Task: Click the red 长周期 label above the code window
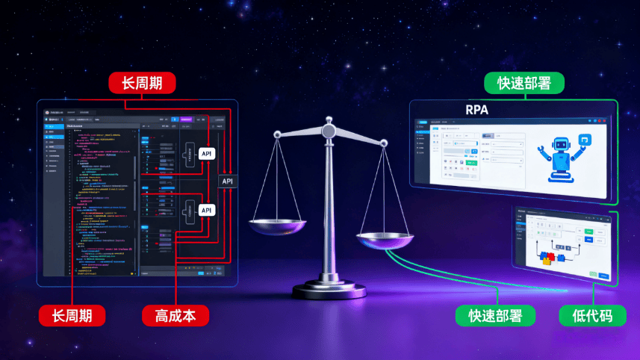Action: [142, 83]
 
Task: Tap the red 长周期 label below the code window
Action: [72, 315]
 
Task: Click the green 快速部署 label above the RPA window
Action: [524, 83]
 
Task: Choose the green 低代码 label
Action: [586, 315]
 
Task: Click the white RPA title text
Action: [477, 110]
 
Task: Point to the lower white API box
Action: [207, 211]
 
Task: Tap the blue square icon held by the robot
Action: [585, 139]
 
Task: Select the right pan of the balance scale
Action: [385, 240]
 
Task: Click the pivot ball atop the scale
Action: [328, 131]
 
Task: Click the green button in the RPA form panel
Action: [472, 161]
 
